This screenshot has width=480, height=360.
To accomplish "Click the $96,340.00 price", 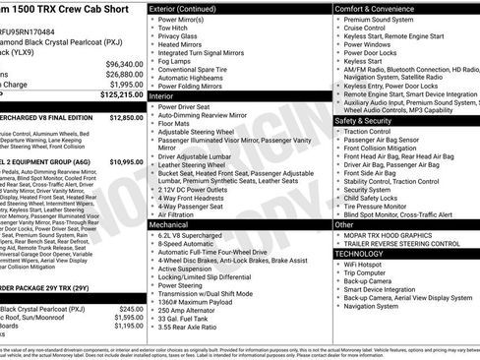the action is (124, 63).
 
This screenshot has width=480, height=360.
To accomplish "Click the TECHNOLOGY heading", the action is (359, 253).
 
